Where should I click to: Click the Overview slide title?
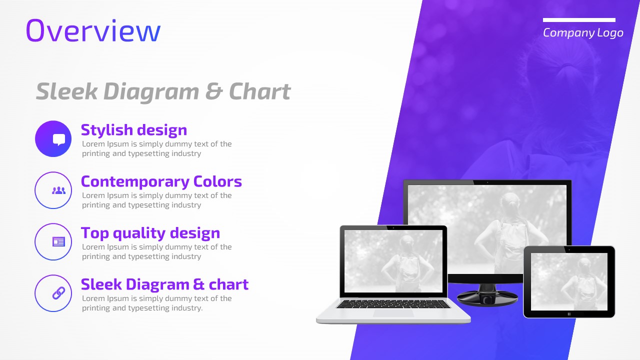click(93, 31)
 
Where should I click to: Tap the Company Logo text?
click(583, 33)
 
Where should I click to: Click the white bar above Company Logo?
click(579, 20)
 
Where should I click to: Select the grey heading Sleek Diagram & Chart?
click(163, 91)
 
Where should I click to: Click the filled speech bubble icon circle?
click(53, 139)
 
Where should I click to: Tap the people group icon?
click(58, 190)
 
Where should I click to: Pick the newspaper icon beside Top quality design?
click(58, 241)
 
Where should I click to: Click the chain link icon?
click(58, 293)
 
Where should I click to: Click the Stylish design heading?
click(134, 130)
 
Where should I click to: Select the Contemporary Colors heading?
click(161, 181)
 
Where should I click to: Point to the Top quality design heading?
click(150, 233)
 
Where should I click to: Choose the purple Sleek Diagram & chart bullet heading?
click(165, 284)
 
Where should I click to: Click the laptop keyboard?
click(393, 304)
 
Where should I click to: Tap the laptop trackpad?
click(393, 313)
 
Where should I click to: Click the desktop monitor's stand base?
click(487, 297)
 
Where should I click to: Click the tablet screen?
click(569, 281)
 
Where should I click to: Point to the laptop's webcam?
click(393, 227)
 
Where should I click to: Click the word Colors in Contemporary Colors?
click(217, 181)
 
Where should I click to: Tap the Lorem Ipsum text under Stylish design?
click(157, 148)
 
